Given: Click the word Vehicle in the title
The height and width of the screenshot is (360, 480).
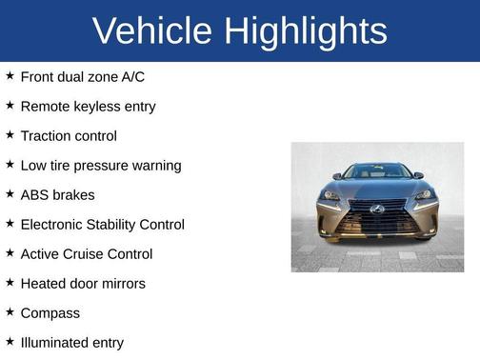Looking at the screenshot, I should (152, 31).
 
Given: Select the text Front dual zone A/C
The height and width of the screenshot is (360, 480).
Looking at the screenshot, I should (82, 76).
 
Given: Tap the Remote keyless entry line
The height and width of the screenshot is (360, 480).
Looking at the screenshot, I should (88, 106).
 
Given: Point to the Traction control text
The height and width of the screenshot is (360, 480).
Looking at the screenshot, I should (69, 136).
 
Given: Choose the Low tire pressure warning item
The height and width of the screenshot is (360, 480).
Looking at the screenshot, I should (100, 166).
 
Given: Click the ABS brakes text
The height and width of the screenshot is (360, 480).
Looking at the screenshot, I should (57, 195).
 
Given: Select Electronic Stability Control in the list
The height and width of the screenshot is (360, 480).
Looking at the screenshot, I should (102, 225).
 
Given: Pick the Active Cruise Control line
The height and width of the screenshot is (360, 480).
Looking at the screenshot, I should (86, 254).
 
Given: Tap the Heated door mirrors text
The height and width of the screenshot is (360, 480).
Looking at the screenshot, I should (83, 284).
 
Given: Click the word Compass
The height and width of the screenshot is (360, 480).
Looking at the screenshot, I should (50, 313).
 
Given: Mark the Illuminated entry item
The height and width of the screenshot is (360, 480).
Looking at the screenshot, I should (71, 343).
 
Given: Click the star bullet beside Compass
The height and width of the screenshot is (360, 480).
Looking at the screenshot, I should (10, 311).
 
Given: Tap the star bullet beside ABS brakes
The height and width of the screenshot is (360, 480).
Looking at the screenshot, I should (10, 193).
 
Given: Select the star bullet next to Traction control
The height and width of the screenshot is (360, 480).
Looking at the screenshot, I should (10, 134).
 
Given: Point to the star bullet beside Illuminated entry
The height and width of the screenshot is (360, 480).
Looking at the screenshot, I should (10, 341).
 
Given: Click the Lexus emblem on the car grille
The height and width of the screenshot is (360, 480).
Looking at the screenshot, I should (377, 209).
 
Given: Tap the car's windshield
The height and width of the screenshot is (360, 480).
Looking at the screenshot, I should (377, 172).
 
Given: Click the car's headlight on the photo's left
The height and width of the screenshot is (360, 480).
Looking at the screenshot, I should (330, 194).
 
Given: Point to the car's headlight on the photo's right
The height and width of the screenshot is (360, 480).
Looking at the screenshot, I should (424, 194).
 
